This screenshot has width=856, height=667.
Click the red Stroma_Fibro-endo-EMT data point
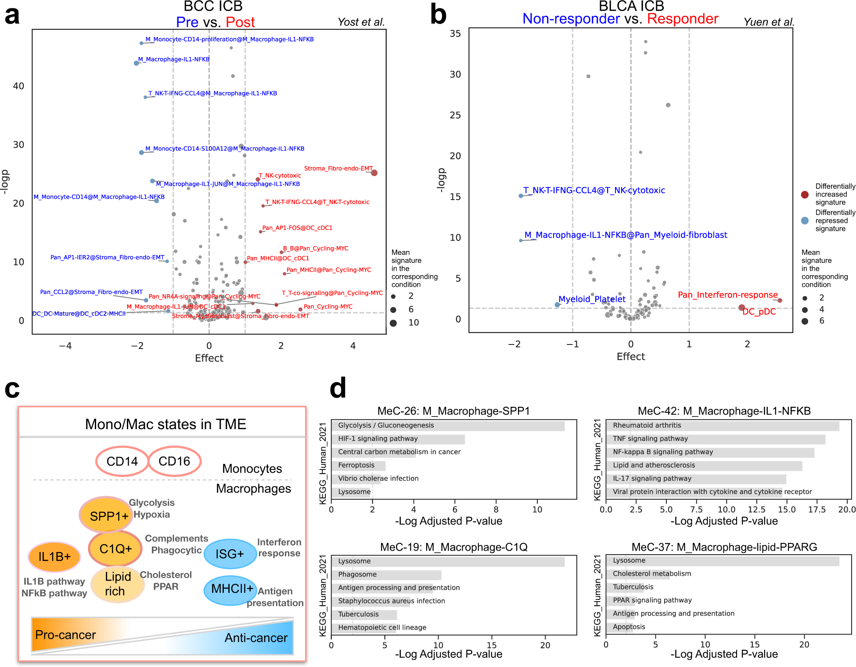coord(374,173)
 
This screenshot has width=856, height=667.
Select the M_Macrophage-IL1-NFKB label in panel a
coord(174,59)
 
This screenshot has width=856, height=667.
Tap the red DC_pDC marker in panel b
coord(741,308)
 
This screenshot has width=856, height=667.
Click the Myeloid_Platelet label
coord(592,299)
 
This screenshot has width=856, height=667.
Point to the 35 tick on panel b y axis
coord(455,34)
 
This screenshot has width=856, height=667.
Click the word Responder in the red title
coord(683,19)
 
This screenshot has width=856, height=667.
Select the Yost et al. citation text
coord(361,22)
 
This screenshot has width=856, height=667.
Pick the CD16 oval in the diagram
coord(174,461)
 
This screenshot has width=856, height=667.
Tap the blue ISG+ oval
coord(230,554)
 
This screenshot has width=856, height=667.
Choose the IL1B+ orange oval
coord(54,557)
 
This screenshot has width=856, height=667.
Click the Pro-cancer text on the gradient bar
coord(65,635)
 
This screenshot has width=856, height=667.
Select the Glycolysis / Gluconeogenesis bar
coord(448,426)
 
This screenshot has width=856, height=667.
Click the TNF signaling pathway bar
coord(716,439)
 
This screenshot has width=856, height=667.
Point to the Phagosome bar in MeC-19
coord(386,575)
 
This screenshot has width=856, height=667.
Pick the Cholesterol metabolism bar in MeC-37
coord(638,574)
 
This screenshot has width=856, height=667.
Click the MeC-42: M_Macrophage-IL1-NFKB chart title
coord(724,411)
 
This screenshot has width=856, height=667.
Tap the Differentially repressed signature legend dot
coord(805,221)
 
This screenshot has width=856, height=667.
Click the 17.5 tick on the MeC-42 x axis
coord(816,510)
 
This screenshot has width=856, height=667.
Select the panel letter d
coord(338,388)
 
